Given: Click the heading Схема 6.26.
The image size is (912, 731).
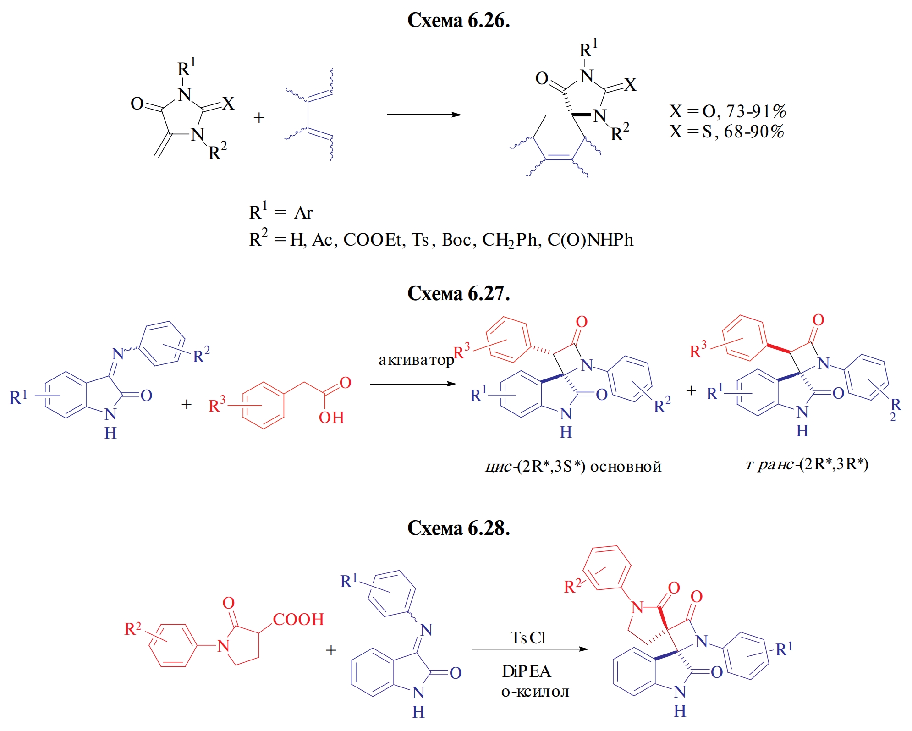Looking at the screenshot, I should [x=458, y=21].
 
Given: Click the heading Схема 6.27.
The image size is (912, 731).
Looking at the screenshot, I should [x=458, y=293].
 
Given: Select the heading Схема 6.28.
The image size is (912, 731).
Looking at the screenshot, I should [x=458, y=528].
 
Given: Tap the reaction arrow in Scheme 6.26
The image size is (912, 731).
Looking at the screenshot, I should [x=424, y=115].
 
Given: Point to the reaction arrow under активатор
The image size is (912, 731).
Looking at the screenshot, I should [x=412, y=384].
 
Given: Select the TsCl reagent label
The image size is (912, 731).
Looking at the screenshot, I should [x=528, y=638].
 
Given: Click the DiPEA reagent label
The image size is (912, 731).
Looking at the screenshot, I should [x=526, y=671].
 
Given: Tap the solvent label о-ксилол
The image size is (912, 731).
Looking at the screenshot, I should [x=535, y=691].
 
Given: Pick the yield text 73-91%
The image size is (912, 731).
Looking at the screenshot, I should [x=756, y=111].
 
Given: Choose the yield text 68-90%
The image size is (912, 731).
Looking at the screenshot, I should [x=754, y=132].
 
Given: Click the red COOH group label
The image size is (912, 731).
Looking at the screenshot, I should [x=298, y=619].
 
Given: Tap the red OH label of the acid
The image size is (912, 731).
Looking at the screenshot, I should [x=331, y=418].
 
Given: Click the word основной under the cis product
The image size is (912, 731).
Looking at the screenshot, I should [x=626, y=467].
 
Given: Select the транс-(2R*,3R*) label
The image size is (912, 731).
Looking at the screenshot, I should [x=807, y=464].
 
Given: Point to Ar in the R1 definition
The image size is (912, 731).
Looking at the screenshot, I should [x=303, y=213].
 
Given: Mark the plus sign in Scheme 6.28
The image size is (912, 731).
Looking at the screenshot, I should [x=331, y=650].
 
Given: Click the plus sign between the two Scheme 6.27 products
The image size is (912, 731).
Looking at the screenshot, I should [x=691, y=390].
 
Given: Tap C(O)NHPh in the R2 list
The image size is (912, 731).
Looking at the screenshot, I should [x=590, y=240].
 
